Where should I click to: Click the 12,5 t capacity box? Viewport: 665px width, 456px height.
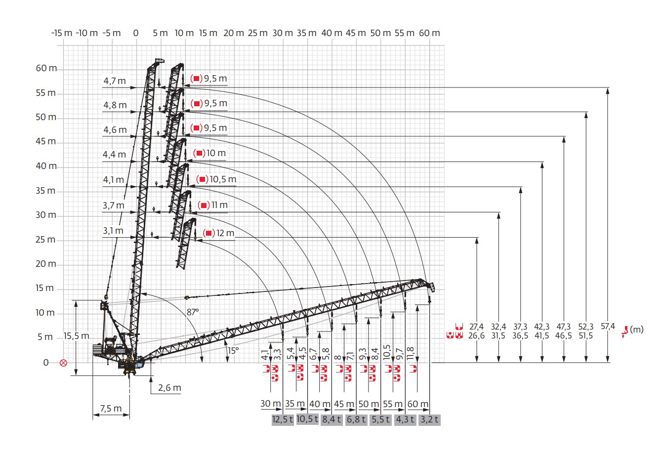pos(283,419)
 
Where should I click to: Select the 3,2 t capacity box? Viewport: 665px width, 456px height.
pos(429,419)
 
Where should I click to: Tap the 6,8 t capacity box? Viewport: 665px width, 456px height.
pos(356,419)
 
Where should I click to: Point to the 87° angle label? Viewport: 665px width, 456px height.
pos(193,312)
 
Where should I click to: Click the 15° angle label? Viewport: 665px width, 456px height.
pos(233,351)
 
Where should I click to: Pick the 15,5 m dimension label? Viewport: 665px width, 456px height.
pos(76,336)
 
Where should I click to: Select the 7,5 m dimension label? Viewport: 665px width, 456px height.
pos(111,409)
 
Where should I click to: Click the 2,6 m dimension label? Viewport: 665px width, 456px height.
pos(169,388)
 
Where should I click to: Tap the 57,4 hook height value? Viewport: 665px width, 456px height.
pos(608,326)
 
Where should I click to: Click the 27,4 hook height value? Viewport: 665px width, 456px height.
pos(476,327)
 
